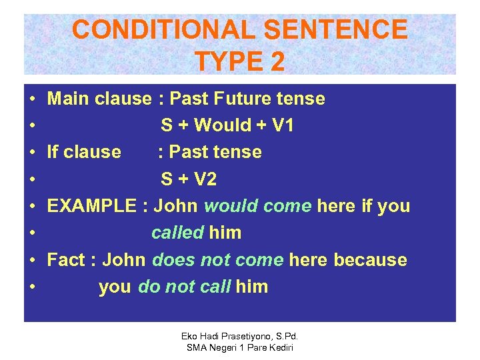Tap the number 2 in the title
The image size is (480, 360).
tap(276, 61)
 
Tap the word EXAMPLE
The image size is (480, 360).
tap(92, 206)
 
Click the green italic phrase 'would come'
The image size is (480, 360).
tap(257, 206)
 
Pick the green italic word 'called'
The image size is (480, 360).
tap(177, 233)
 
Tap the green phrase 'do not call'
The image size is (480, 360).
tap(184, 287)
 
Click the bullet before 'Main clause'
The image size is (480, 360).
tap(33, 99)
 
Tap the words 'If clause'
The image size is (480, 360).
tap(84, 152)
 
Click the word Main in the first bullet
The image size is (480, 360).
tap(69, 99)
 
